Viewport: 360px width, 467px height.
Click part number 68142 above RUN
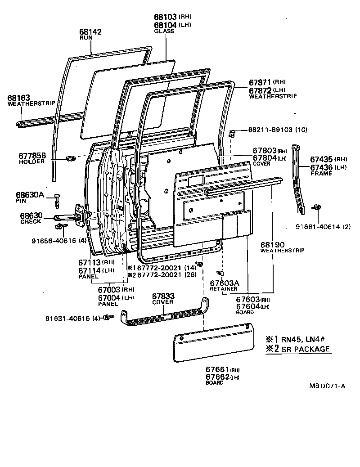click(90, 32)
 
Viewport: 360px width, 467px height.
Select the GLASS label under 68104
click(161, 31)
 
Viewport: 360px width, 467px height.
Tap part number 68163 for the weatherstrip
click(18, 98)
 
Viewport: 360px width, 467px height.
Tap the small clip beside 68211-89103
click(233, 132)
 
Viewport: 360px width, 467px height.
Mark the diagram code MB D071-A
click(327, 386)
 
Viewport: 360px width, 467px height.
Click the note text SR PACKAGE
click(307, 349)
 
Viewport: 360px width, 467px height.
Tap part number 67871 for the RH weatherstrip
click(260, 83)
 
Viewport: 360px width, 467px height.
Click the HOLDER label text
click(31, 162)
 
